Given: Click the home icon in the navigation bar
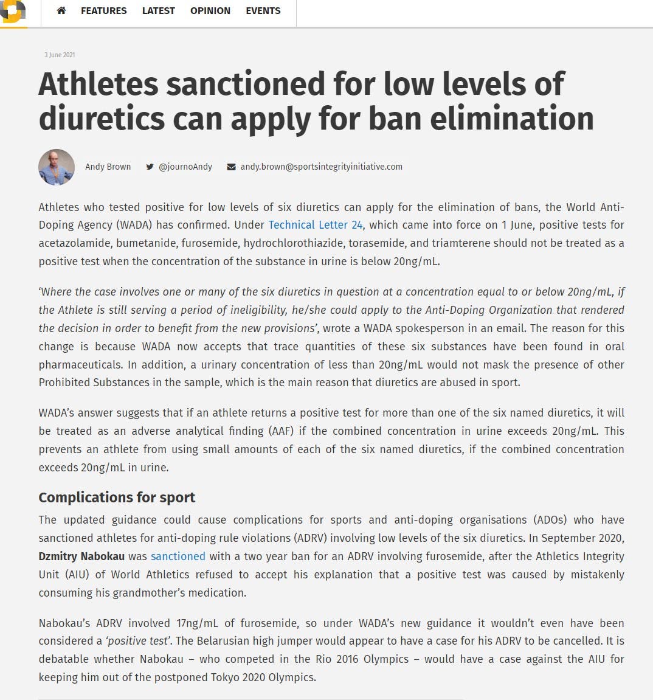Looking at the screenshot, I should click(x=61, y=10).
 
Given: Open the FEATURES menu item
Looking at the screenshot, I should click(x=104, y=10).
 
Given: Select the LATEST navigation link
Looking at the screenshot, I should click(x=158, y=10).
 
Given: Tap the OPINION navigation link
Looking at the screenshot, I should click(x=210, y=10).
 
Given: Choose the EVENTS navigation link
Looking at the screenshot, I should click(x=263, y=10).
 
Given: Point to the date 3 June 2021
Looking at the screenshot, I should click(x=60, y=55).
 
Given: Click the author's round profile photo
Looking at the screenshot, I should click(x=57, y=167).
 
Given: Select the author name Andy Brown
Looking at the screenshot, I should click(x=108, y=167).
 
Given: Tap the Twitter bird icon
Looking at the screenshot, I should click(x=150, y=167).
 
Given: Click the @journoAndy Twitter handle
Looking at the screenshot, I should click(x=185, y=167).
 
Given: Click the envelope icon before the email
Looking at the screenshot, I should click(x=231, y=167).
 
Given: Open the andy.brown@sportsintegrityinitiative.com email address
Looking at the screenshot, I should click(x=321, y=167).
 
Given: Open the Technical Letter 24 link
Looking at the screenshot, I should click(x=316, y=225).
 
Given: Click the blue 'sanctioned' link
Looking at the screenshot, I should click(x=178, y=556).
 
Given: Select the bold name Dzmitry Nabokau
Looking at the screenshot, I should click(x=81, y=556).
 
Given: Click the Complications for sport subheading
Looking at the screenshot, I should click(x=117, y=497).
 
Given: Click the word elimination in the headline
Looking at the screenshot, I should click(x=512, y=118).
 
